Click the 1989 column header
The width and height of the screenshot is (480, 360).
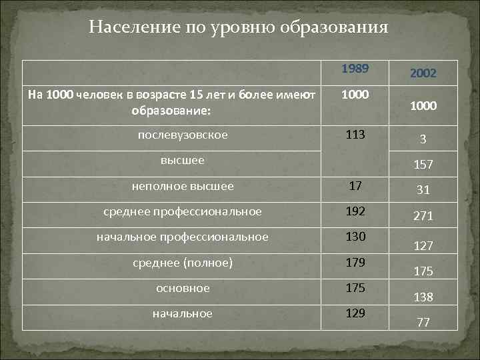click(x=355, y=69)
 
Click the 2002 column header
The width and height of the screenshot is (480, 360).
click(x=423, y=73)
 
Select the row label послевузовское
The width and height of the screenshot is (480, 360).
click(x=183, y=135)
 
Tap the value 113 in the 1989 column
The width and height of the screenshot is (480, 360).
click(x=355, y=135)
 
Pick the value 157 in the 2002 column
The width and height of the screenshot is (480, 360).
click(x=423, y=164)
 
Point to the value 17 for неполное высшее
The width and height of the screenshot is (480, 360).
click(x=355, y=187)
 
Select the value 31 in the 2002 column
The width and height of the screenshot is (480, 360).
click(x=423, y=190)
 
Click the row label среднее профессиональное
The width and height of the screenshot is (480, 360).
click(x=183, y=212)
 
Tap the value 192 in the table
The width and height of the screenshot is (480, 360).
click(x=355, y=212)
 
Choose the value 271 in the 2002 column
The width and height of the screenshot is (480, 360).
click(x=423, y=216)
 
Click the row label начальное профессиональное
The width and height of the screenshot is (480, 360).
click(x=183, y=237)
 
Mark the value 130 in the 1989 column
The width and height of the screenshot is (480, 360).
click(x=355, y=237)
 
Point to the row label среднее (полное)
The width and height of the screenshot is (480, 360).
click(x=183, y=263)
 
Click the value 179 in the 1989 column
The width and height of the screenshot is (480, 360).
click(x=355, y=263)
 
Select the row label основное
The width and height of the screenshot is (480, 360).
click(x=183, y=288)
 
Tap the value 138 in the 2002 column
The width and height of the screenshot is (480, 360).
click(x=423, y=297)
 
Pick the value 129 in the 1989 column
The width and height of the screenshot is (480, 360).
click(x=355, y=313)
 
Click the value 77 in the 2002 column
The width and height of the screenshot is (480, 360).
click(x=423, y=323)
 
